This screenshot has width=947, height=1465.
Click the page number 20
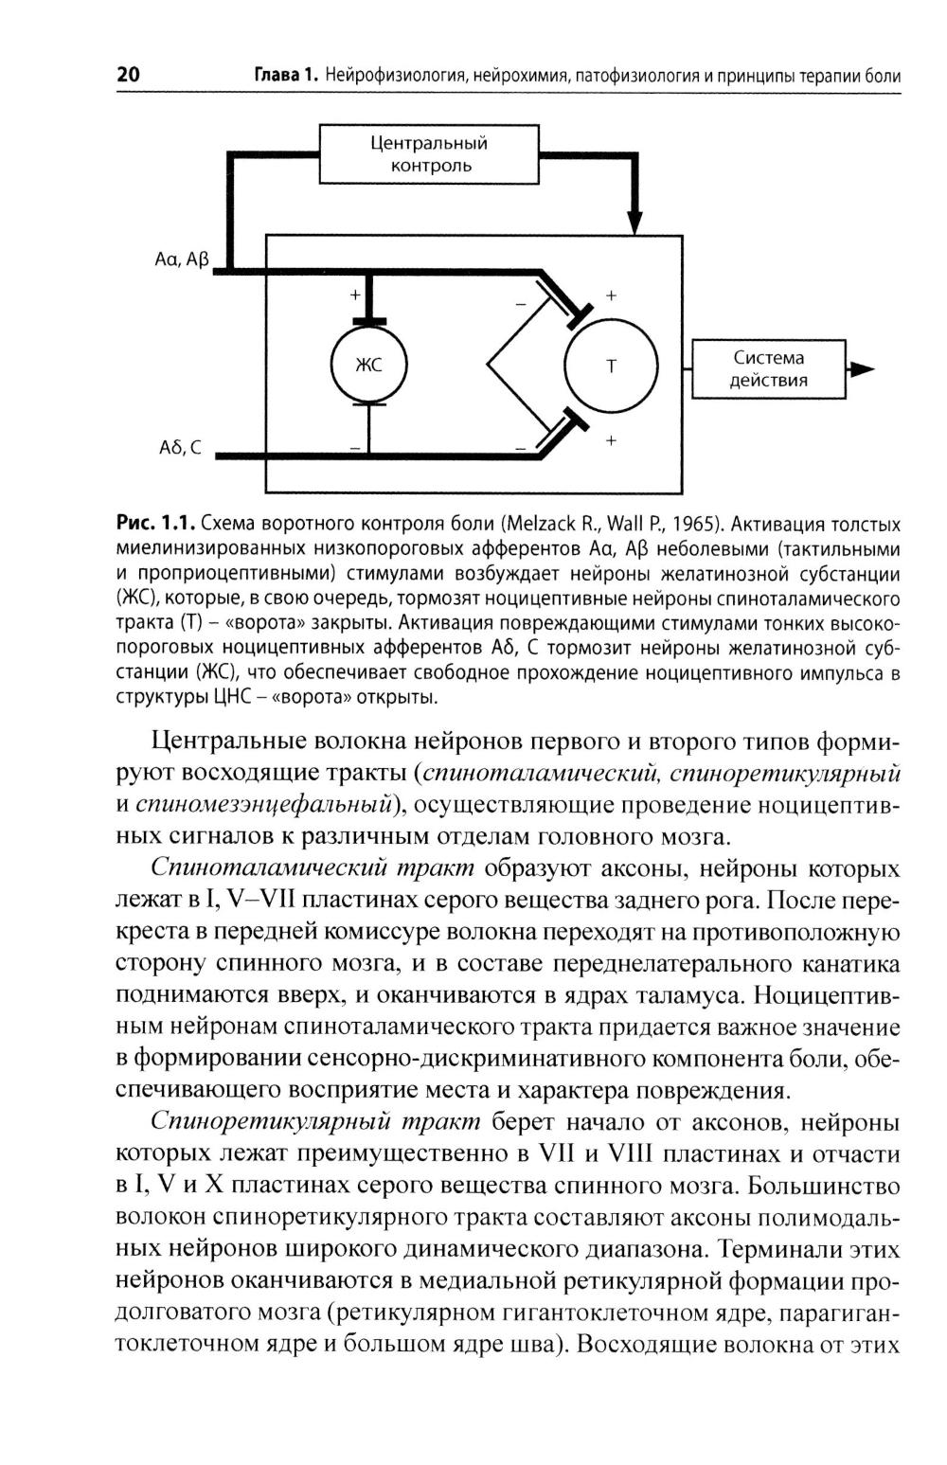pos(128,75)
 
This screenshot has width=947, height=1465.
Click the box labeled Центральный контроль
pos(428,154)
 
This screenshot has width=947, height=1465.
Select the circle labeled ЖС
pos(367,366)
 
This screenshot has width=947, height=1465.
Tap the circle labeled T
pos(610,366)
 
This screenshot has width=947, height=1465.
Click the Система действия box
pos(768,369)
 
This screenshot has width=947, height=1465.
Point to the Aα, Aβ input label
pos(181,258)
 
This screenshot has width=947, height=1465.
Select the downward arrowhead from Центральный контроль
pos(636,219)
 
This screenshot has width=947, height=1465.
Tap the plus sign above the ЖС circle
pos(355,295)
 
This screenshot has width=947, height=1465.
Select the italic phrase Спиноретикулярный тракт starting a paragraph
pos(316,1122)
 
